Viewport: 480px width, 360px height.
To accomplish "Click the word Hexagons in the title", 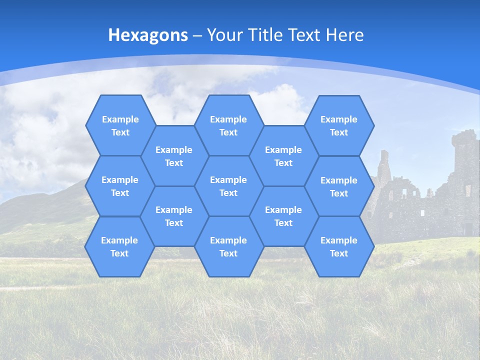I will (x=148, y=35).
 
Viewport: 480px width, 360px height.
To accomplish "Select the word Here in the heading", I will (x=344, y=35).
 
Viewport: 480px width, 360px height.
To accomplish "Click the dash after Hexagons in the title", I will (x=197, y=35).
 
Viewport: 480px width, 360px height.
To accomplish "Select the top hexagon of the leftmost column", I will (x=120, y=125).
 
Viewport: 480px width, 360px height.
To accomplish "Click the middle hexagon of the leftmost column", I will (x=120, y=186).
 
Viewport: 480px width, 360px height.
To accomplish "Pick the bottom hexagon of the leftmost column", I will (x=119, y=246).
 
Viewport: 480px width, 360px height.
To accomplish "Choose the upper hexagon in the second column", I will (x=174, y=156).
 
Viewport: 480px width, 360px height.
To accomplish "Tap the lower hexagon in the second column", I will (x=174, y=216).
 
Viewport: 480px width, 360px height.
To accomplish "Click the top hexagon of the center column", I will (x=228, y=125).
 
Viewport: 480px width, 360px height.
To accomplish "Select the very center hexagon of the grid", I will (x=228, y=186).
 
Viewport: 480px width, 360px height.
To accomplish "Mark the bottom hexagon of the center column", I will (x=228, y=246).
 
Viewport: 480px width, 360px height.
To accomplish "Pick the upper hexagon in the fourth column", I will (x=283, y=156).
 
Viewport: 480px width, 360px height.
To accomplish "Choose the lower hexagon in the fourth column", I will (x=283, y=216).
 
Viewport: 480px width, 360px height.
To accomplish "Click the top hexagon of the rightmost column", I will (x=339, y=125).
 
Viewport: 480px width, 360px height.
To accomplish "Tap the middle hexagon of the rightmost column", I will (x=339, y=186).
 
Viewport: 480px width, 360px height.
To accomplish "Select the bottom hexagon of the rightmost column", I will (x=339, y=246).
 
